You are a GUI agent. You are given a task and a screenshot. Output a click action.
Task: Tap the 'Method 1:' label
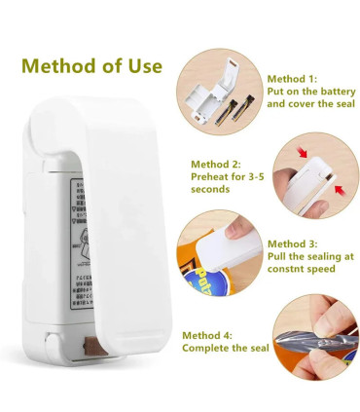(x=292, y=77)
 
